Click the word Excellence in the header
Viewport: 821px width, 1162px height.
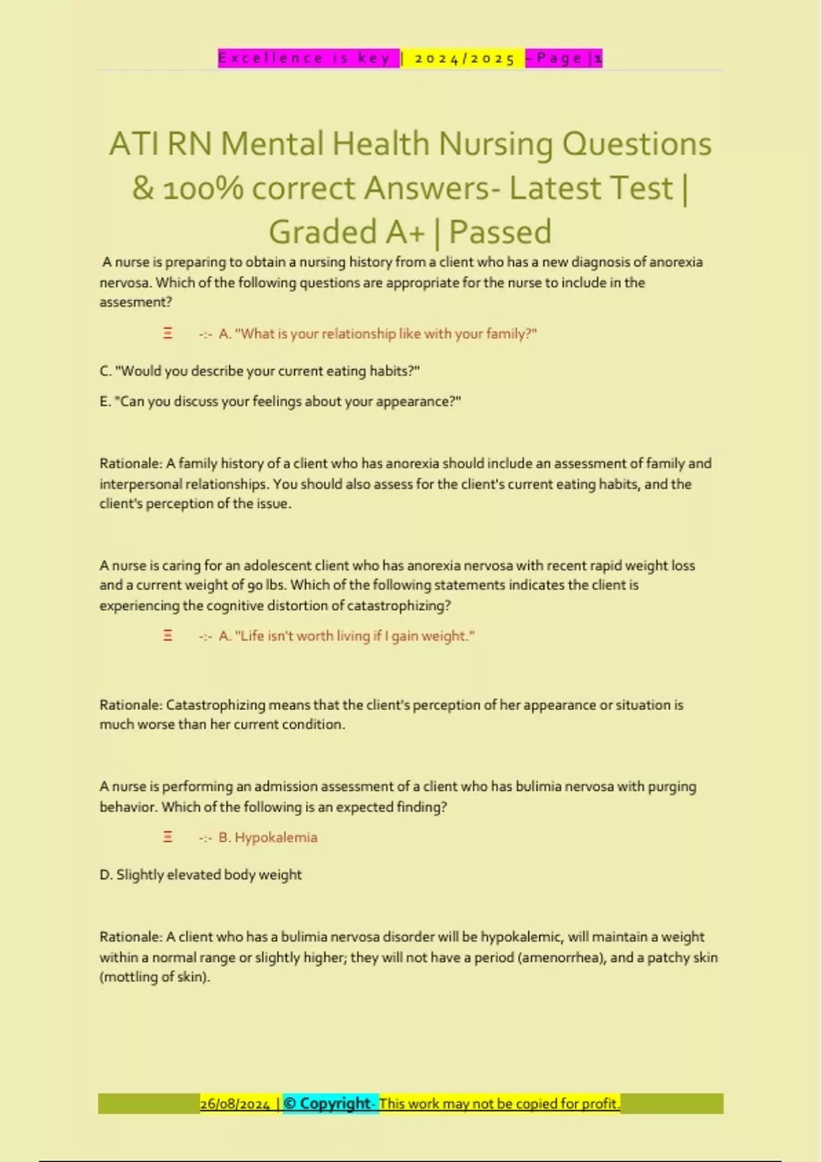tap(271, 58)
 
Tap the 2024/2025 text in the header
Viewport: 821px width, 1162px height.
tap(465, 59)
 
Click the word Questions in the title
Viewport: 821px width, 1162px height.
tap(637, 144)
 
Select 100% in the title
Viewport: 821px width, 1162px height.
tap(203, 189)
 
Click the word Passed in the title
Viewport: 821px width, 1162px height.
tap(500, 232)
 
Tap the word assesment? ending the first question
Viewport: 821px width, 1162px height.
tap(135, 302)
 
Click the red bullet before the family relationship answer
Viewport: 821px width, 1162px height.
tap(168, 334)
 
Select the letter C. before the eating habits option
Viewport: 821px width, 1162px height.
tap(105, 371)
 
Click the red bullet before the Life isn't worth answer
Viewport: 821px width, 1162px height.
tap(168, 636)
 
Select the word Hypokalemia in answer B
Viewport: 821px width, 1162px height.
tap(276, 837)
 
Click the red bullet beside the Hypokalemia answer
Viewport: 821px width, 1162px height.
tap(168, 837)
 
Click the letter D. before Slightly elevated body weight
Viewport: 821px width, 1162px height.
tap(106, 875)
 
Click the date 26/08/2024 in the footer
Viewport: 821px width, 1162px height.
tap(235, 1104)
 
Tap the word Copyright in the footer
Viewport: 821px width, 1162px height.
tap(335, 1103)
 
